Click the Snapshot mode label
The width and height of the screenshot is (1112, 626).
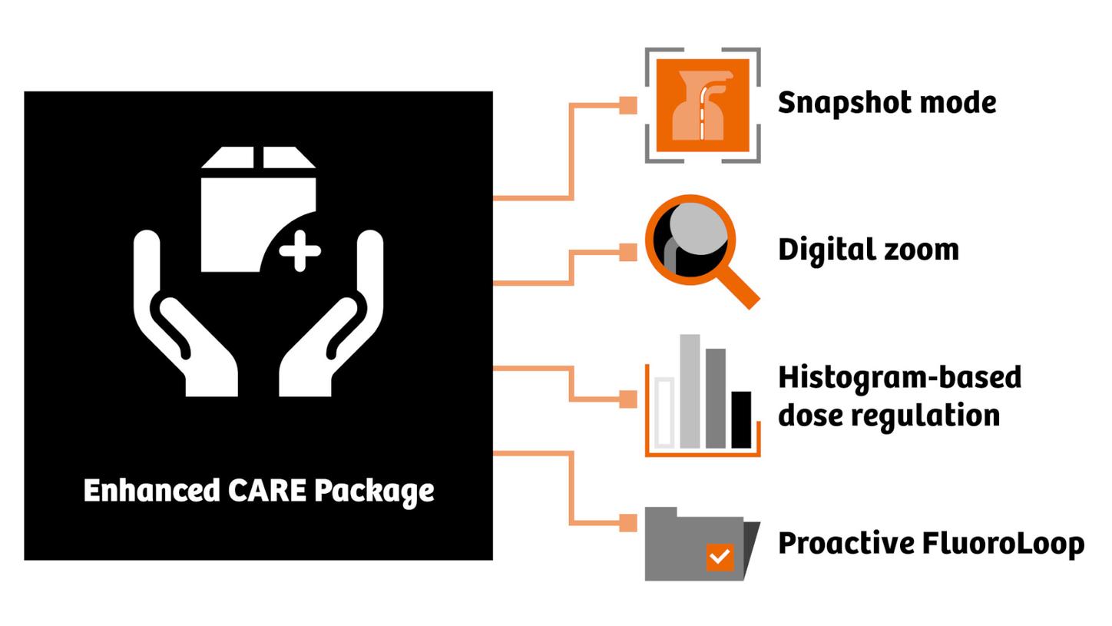coord(886,103)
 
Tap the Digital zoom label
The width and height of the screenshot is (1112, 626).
coord(868,250)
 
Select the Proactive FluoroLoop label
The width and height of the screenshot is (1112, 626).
coord(930,543)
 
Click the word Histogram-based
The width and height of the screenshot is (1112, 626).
coord(899,377)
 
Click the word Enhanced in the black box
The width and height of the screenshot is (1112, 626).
coord(151,490)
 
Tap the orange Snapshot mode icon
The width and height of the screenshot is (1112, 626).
coord(702,105)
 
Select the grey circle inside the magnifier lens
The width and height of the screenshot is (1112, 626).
coord(699,230)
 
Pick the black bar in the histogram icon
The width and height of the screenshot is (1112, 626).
coord(740,419)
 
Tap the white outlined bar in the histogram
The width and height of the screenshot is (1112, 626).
coord(664,412)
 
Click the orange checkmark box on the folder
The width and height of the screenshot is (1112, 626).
coord(719,556)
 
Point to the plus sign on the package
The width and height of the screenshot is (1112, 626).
coord(300,250)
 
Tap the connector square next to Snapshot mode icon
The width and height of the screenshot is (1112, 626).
coord(628,106)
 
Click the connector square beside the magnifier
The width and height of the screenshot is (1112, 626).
coord(628,252)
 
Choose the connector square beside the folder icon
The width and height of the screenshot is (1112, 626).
coord(628,523)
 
